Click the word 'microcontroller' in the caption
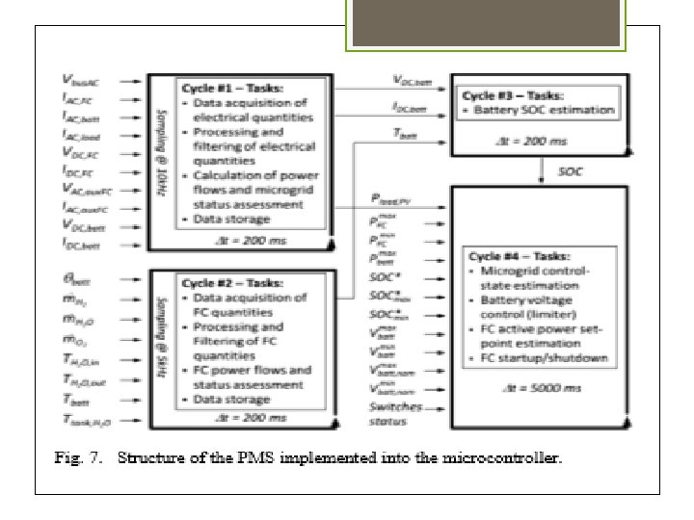pyautogui.click(x=501, y=458)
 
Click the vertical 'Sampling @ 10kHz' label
pyautogui.click(x=159, y=156)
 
